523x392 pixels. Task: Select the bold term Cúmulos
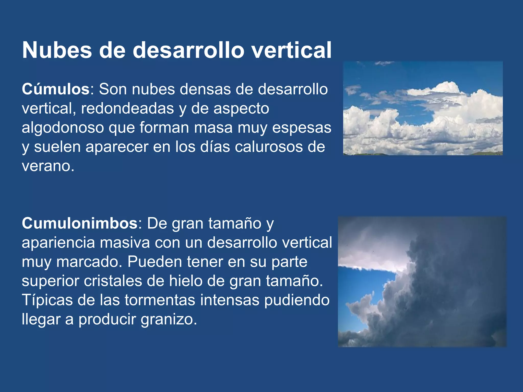click(x=55, y=89)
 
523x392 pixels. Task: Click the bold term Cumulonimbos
click(x=80, y=223)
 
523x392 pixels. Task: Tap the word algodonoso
click(x=63, y=128)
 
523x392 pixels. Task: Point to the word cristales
click(x=113, y=281)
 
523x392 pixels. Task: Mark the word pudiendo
click(x=297, y=300)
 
